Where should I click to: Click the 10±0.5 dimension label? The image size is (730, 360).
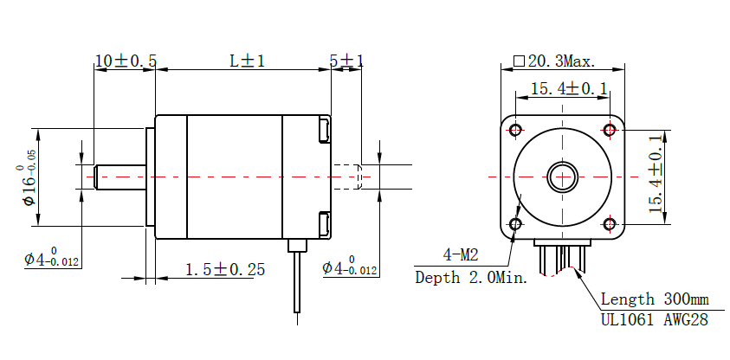click(x=126, y=61)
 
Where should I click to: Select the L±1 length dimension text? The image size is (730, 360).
click(x=248, y=61)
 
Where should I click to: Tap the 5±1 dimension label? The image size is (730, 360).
click(x=346, y=61)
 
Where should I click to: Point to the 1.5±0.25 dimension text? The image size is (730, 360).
click(x=225, y=269)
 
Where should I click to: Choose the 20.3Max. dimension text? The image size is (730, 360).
click(x=554, y=61)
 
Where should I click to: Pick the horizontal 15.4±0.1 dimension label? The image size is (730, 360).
click(x=570, y=88)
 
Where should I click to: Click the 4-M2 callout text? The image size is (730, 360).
click(x=461, y=255)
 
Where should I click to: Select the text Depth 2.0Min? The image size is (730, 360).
click(x=472, y=278)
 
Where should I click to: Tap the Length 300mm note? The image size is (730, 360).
click(x=655, y=299)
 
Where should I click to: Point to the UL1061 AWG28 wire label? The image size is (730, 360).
click(x=655, y=320)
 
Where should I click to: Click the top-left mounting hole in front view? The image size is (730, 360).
click(x=515, y=130)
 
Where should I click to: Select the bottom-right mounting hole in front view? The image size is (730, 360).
click(x=610, y=224)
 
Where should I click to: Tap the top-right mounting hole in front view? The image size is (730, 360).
click(x=610, y=130)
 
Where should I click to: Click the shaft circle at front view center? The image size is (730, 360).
click(x=562, y=177)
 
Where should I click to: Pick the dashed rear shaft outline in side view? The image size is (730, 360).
click(x=347, y=177)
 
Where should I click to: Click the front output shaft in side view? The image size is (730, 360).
click(x=120, y=177)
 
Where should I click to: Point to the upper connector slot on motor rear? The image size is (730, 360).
click(x=325, y=130)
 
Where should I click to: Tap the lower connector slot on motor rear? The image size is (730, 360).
click(x=325, y=224)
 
